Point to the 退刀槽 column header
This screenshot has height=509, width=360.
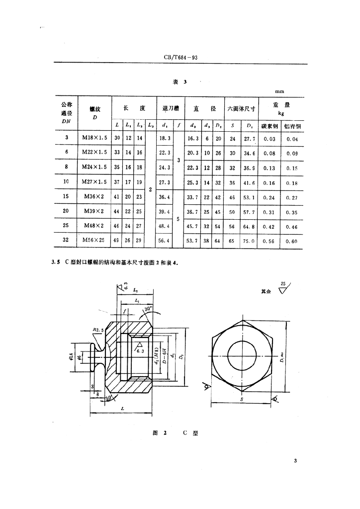pyautogui.click(x=171, y=107)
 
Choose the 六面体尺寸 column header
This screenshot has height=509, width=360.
pyautogui.click(x=241, y=108)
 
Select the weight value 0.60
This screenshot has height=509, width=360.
pyautogui.click(x=292, y=242)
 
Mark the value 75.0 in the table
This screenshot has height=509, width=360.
pyautogui.click(x=250, y=242)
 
